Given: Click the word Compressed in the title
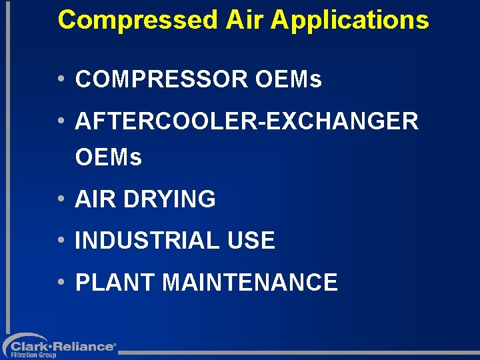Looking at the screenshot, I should [x=137, y=20].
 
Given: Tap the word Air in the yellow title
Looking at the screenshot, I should [x=245, y=20].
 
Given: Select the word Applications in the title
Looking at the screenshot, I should [x=350, y=20].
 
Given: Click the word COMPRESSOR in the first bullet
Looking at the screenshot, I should [x=161, y=80].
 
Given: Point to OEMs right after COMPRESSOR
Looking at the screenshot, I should [x=289, y=80].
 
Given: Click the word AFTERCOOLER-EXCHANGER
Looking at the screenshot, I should [x=247, y=121].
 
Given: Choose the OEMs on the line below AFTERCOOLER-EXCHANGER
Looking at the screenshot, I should [x=109, y=158].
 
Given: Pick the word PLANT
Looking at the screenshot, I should [x=115, y=282].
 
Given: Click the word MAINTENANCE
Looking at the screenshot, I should [x=250, y=282].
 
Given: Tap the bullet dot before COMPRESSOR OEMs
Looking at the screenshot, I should [x=61, y=80].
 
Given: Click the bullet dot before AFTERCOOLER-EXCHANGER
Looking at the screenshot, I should [x=61, y=121].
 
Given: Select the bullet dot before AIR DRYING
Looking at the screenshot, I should [x=61, y=199].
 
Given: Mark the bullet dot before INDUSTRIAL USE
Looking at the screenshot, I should [x=61, y=241].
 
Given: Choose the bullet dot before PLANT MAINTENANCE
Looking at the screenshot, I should [x=61, y=282].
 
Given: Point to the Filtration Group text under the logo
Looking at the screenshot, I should [x=33, y=356].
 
